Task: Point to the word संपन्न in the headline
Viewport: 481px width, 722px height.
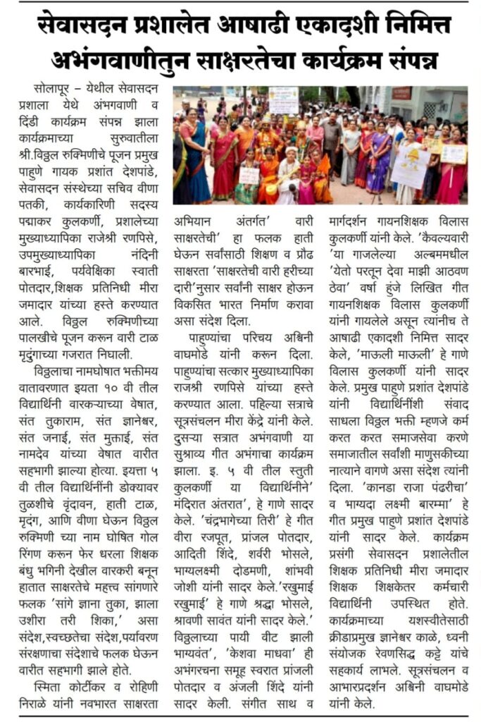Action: click(406, 60)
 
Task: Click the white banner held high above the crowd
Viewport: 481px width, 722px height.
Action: click(283, 99)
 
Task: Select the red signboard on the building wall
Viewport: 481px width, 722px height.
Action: click(402, 93)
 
